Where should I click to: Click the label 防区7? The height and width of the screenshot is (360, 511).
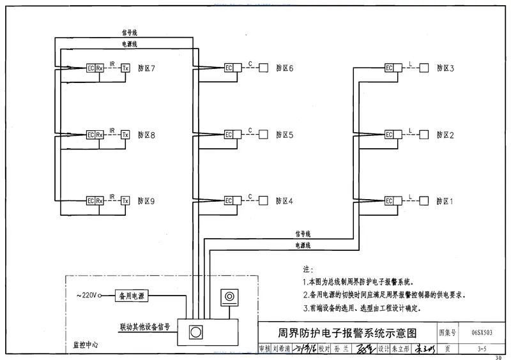(146, 68)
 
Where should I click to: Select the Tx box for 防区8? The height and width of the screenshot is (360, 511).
(125, 135)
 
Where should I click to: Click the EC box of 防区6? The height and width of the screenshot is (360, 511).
(229, 68)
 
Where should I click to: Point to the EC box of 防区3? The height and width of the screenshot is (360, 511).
(390, 68)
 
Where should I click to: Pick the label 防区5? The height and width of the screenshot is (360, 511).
(284, 135)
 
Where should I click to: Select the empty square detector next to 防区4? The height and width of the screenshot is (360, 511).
(263, 201)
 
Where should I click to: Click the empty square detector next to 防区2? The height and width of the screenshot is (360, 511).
(423, 135)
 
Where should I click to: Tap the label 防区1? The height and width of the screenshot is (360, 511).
(445, 201)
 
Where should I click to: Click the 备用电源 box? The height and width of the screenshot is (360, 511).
(131, 296)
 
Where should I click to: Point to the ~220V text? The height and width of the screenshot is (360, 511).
(86, 296)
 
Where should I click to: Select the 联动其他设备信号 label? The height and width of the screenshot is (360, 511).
(144, 326)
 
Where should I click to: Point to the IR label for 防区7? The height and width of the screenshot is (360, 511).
(112, 64)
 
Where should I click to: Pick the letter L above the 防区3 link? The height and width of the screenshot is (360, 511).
(409, 63)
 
